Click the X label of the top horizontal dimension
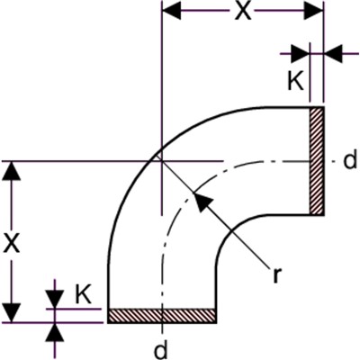(x=243, y=12)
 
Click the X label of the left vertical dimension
(x=12, y=243)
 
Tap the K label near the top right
(x=296, y=81)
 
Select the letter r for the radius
(x=277, y=274)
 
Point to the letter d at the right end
(x=350, y=160)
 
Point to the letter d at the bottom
(x=161, y=350)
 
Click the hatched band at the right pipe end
(x=317, y=161)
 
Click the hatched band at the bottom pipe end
(x=162, y=316)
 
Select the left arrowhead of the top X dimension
(x=172, y=12)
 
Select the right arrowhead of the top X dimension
(x=314, y=12)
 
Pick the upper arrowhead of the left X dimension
(x=12, y=171)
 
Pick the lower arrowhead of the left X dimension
(x=12, y=313)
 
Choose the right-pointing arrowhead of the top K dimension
(x=300, y=54)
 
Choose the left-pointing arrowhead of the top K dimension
(x=333, y=54)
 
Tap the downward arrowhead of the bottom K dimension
(x=55, y=299)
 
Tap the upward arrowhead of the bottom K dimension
(x=55, y=332)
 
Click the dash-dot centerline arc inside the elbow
(x=188, y=195)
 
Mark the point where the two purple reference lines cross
(x=162, y=161)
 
